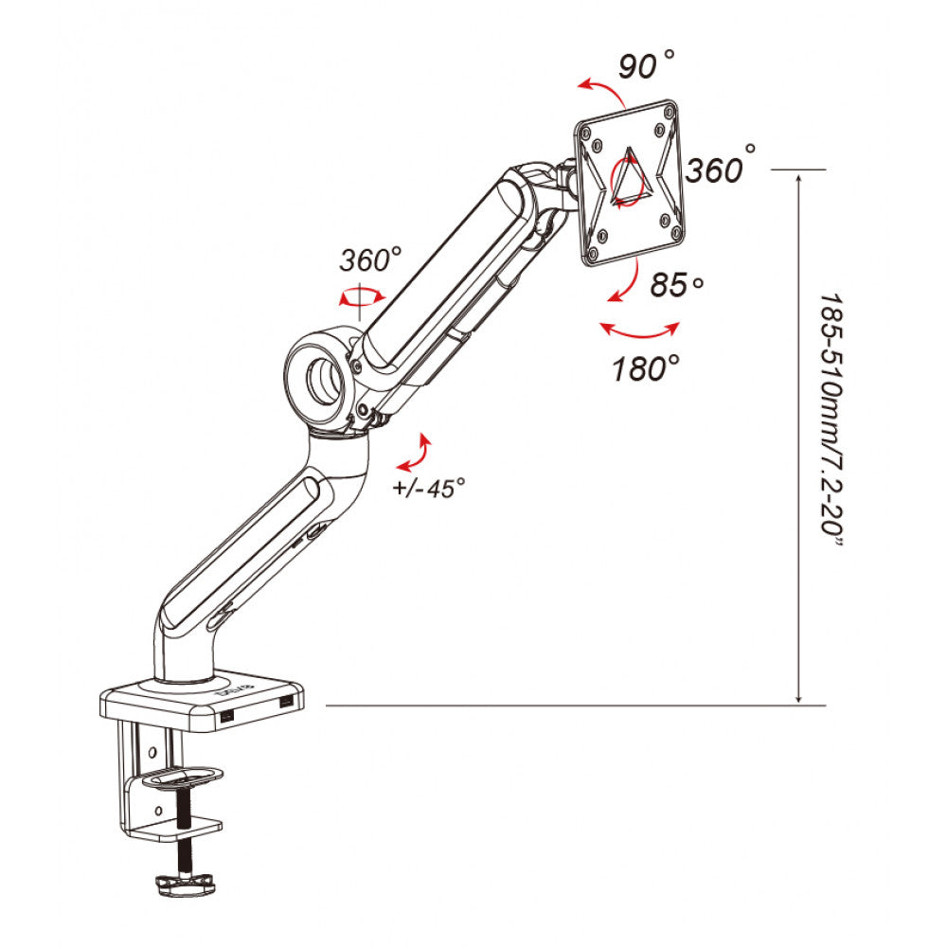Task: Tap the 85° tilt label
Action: [x=676, y=284]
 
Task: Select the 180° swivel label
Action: [x=646, y=367]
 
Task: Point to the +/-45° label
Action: [x=429, y=488]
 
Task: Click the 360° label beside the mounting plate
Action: [x=720, y=168]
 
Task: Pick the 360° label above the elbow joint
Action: [x=370, y=259]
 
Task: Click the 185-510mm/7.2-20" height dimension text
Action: [x=831, y=421]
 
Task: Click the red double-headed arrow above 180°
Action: [x=640, y=334]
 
